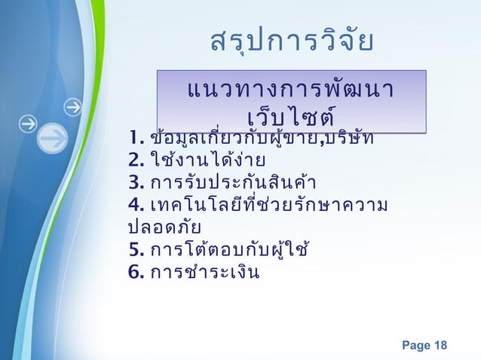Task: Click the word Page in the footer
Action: tap(413, 346)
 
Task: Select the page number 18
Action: tap(439, 346)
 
